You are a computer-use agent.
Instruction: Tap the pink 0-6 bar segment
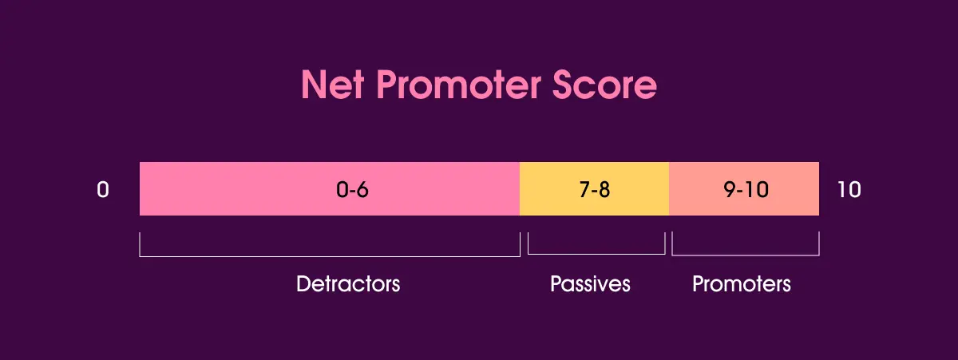pos(239,189)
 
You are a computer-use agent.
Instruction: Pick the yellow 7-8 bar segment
pos(559,189)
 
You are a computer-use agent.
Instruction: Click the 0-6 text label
pos(352,191)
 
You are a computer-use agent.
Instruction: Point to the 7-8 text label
pos(594,191)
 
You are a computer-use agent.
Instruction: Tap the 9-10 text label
pos(743,191)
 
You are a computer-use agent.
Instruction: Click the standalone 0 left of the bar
pos(102,191)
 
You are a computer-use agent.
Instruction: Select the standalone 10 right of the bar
pos(849,191)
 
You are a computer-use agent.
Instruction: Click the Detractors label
pos(348,284)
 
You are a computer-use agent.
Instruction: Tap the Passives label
pos(590,284)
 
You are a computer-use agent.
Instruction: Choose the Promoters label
pos(742,284)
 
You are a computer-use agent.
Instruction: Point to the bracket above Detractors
pos(329,255)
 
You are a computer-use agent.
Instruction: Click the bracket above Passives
pos(596,253)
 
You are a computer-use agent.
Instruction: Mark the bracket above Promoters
pos(745,255)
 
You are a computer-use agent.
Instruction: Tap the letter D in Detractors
pos(303,284)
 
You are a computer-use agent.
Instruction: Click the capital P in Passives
pos(556,284)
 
